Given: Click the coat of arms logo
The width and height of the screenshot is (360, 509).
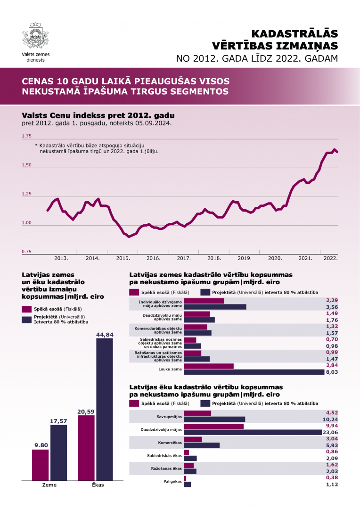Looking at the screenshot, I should [36, 36].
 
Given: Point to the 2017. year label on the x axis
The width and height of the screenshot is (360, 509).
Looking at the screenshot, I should [184, 258].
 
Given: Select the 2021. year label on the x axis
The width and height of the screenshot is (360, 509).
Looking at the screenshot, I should [305, 258].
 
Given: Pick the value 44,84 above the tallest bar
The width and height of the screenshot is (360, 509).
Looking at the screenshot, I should [105, 335].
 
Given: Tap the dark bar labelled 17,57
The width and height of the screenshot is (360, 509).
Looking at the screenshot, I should [58, 453].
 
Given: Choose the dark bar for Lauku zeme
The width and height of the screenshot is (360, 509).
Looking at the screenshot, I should [254, 372].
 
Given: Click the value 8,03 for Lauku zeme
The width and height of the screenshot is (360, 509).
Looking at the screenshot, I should [332, 372].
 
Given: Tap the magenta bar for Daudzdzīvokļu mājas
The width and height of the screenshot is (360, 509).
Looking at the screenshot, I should [213, 426].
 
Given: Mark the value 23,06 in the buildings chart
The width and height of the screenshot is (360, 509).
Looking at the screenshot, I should [329, 432].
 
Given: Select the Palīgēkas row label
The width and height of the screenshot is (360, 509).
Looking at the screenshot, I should [172, 481].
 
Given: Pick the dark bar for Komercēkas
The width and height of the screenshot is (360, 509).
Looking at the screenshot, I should [202, 445].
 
